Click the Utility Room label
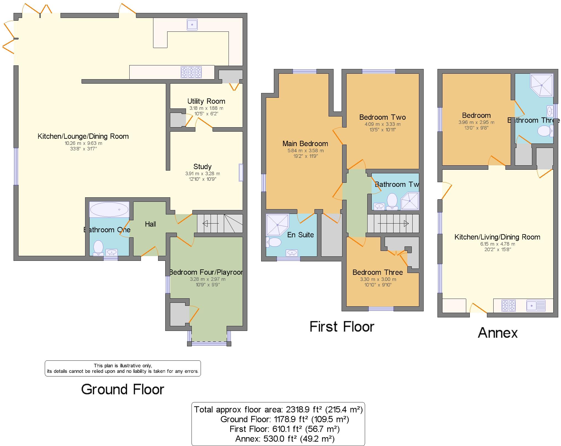pos(206,101)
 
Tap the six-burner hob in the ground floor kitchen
pos(191,72)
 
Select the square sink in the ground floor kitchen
pos(192,25)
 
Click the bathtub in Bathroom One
pos(109,209)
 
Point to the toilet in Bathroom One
pos(98,247)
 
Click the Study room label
pos(202,167)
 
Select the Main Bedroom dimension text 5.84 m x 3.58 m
pos(305,151)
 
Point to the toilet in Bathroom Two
pos(392,201)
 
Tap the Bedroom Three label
pos(378,272)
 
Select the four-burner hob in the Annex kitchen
pos(508,306)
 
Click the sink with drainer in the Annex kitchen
pos(536,306)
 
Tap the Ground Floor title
pos(122,389)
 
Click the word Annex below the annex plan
pos(497,333)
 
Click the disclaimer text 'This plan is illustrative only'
pos(123,366)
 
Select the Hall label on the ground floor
pos(150,224)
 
